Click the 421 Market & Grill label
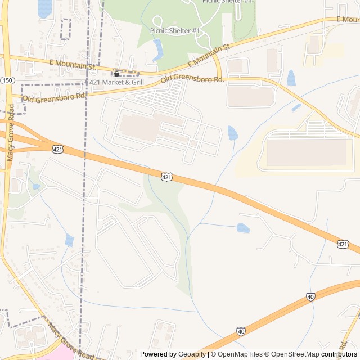[x=117, y=82]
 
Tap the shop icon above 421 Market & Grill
[x=117, y=74]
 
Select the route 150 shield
[x=7, y=80]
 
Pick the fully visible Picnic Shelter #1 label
[x=175, y=30]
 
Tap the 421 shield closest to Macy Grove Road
[x=57, y=149]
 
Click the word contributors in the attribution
[x=339, y=354]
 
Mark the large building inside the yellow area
[x=307, y=152]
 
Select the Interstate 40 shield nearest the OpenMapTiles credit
[x=241, y=332]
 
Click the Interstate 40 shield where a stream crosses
[x=311, y=296]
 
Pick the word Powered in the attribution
[x=157, y=354]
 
